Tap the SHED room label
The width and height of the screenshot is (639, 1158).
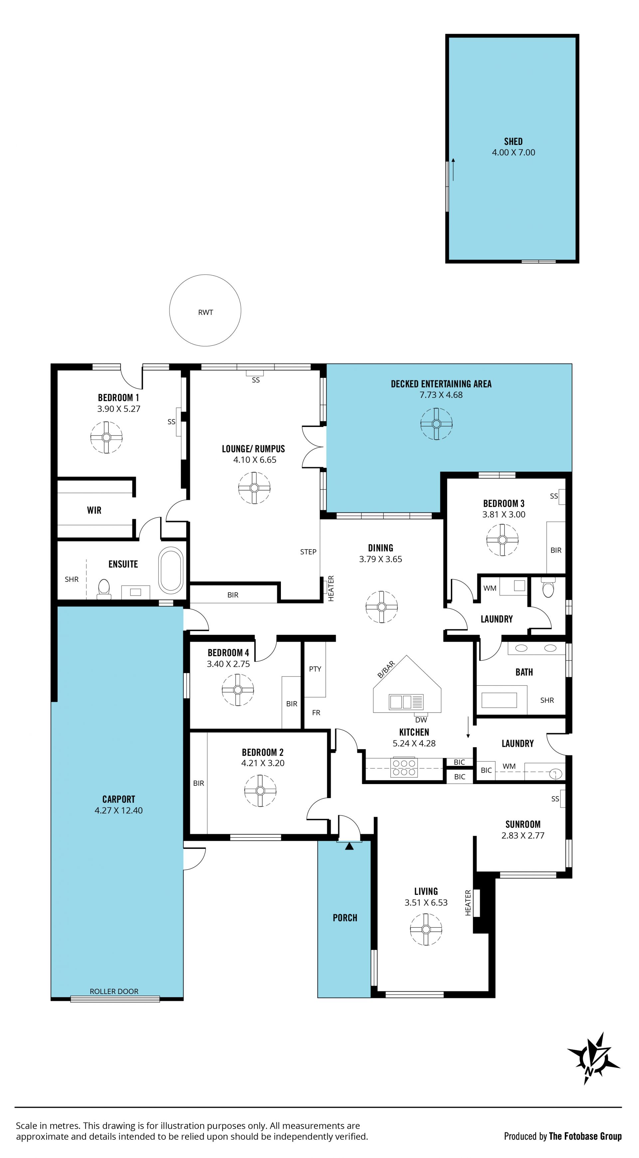tap(513, 141)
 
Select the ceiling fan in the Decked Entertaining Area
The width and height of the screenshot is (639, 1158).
tap(436, 424)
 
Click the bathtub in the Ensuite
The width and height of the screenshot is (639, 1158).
tap(171, 570)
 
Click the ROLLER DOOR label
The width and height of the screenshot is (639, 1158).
tap(114, 991)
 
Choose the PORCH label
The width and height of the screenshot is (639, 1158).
tap(345, 918)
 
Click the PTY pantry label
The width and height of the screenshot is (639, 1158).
tap(315, 669)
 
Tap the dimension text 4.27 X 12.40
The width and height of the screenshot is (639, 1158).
tap(118, 810)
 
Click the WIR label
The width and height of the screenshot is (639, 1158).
tap(94, 510)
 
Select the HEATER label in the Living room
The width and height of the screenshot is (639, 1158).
tap(468, 903)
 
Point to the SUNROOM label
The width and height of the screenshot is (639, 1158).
tap(523, 824)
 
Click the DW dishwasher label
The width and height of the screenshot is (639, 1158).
tap(421, 720)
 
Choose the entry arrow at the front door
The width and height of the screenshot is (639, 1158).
tap(349, 846)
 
